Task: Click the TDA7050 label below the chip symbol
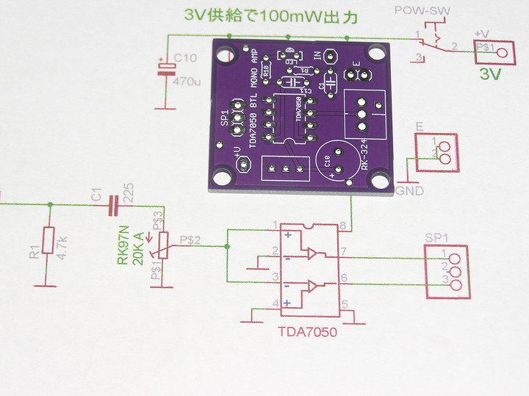(307, 333)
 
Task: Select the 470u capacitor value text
(187, 83)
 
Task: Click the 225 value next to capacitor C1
(129, 192)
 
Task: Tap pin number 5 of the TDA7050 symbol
(344, 302)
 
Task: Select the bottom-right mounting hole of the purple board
(380, 177)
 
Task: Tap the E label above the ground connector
(420, 129)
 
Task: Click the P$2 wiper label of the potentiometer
(190, 239)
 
